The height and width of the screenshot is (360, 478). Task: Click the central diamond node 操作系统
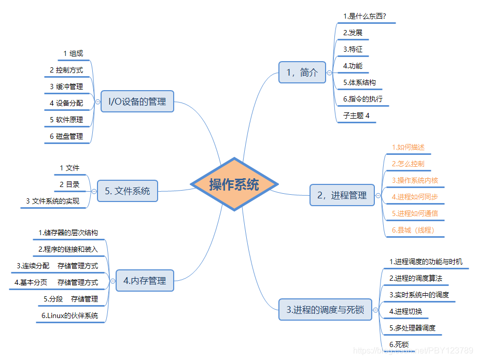coord(234,184)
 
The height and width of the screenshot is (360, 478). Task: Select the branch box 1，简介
coord(302,73)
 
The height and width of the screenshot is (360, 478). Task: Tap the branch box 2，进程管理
coord(342,195)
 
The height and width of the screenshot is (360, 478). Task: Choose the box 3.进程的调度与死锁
coord(325,310)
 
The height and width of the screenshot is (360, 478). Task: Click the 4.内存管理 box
coord(145,281)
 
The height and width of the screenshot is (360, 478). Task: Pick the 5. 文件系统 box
coord(127,191)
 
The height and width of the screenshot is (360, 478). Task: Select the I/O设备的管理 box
coord(137,101)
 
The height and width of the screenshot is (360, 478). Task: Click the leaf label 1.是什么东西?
coord(364,16)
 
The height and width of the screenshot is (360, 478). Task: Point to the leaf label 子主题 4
coord(356,116)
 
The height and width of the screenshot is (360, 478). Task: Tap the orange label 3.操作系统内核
coord(415,180)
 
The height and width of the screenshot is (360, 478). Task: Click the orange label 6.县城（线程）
coord(413,230)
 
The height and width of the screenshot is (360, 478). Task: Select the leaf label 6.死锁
coord(399,344)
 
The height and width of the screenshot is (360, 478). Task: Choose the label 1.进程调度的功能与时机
coord(426,262)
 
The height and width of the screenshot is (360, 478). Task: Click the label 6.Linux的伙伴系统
coord(69,315)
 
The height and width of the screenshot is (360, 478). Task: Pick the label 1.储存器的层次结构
coord(68,233)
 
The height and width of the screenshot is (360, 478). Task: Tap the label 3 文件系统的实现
coord(52,201)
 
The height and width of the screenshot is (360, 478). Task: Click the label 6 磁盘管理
coord(66,136)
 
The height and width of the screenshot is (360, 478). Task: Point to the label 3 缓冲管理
coord(66,87)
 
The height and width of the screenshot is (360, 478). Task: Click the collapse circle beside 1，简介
coord(329,73)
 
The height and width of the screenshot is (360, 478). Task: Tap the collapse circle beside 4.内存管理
coord(112,281)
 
